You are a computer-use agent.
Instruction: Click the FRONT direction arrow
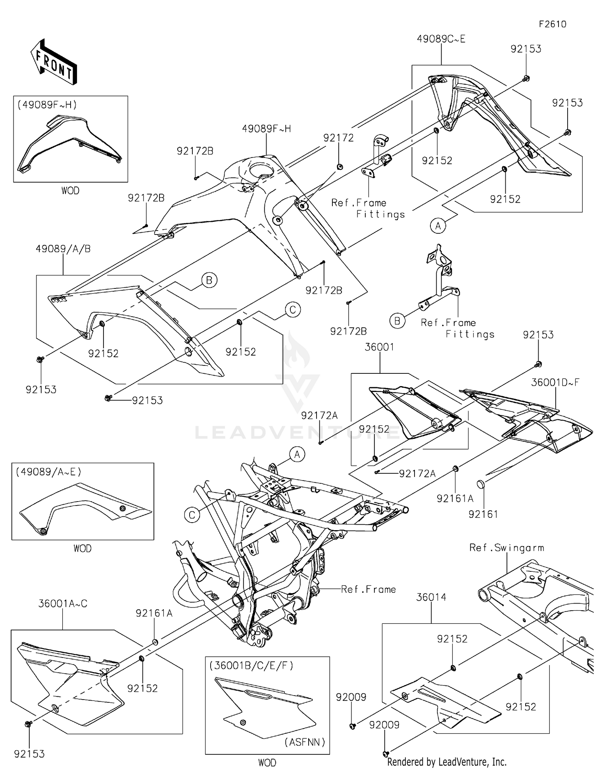(54, 62)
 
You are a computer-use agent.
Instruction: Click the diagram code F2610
(552, 24)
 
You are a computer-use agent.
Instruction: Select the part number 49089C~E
(441, 39)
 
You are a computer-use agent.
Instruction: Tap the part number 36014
(431, 597)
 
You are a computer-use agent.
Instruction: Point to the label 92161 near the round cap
(483, 514)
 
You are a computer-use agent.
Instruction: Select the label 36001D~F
(555, 383)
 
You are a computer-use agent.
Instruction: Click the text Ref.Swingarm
(507, 548)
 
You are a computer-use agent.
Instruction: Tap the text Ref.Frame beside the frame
(368, 590)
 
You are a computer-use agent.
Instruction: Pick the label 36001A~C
(63, 604)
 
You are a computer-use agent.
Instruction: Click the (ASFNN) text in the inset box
(305, 742)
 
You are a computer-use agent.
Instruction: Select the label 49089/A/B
(63, 249)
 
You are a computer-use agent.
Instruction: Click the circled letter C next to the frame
(192, 515)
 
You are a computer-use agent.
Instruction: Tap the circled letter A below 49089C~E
(438, 226)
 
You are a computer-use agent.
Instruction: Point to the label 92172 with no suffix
(338, 138)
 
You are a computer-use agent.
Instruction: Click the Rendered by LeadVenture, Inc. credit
(447, 762)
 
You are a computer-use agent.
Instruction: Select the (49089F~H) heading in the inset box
(47, 105)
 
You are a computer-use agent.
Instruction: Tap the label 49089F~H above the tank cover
(266, 129)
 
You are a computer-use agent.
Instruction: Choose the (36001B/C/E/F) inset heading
(251, 666)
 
